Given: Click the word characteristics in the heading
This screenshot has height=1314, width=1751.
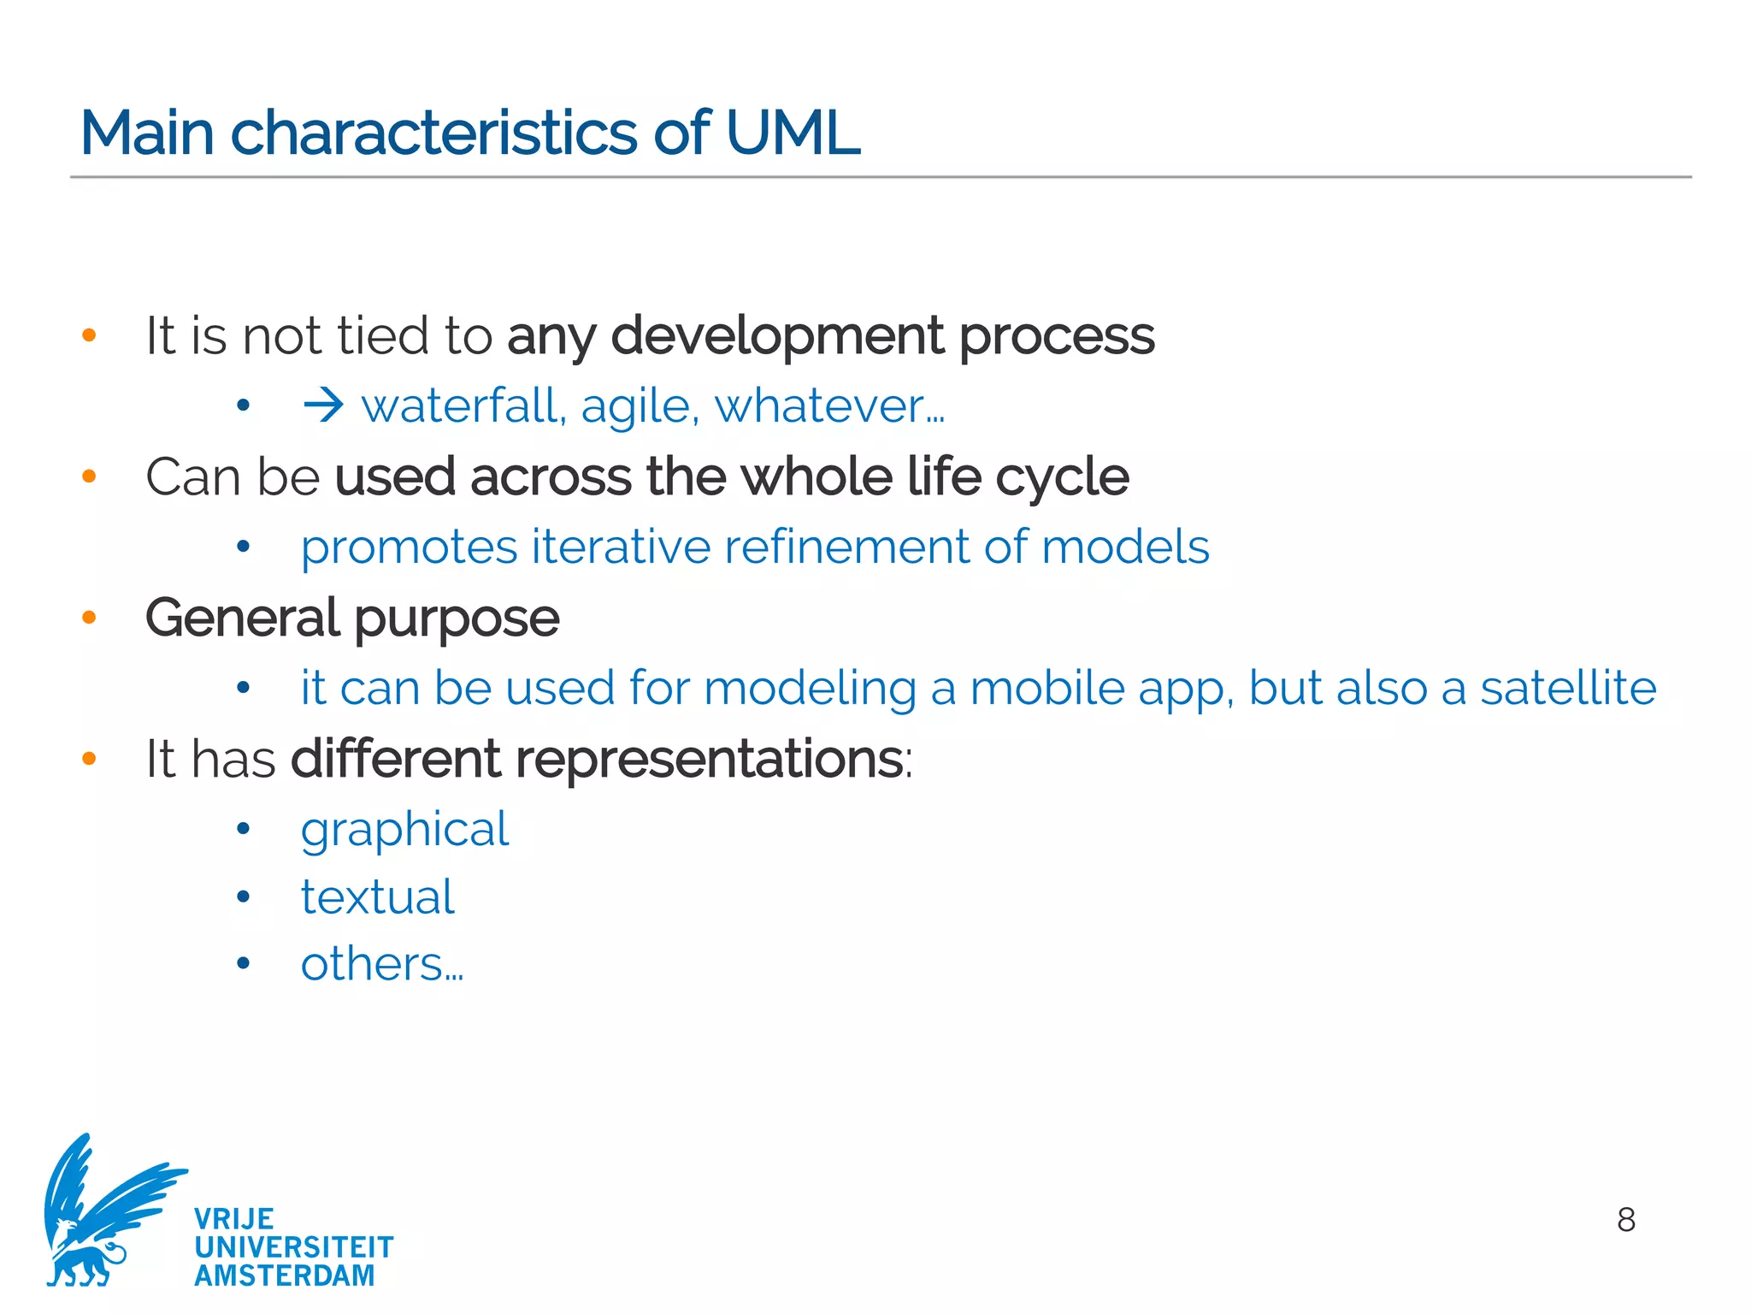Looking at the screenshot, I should tap(434, 133).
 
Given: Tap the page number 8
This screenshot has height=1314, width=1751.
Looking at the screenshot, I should tap(1626, 1220).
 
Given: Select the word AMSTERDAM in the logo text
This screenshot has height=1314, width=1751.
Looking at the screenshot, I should tap(285, 1276).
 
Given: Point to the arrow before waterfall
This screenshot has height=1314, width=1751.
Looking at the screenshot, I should tap(323, 405).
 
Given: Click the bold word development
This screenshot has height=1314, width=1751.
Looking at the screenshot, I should tap(777, 335).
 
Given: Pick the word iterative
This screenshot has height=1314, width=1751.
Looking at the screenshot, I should tap(621, 547).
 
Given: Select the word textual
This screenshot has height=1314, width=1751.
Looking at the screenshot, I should tap(377, 897).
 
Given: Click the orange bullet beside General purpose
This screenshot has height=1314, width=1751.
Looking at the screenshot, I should tap(89, 618).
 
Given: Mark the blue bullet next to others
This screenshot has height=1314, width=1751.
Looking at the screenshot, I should tap(244, 964).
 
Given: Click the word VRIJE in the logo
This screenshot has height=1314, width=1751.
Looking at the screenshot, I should tap(233, 1219).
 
